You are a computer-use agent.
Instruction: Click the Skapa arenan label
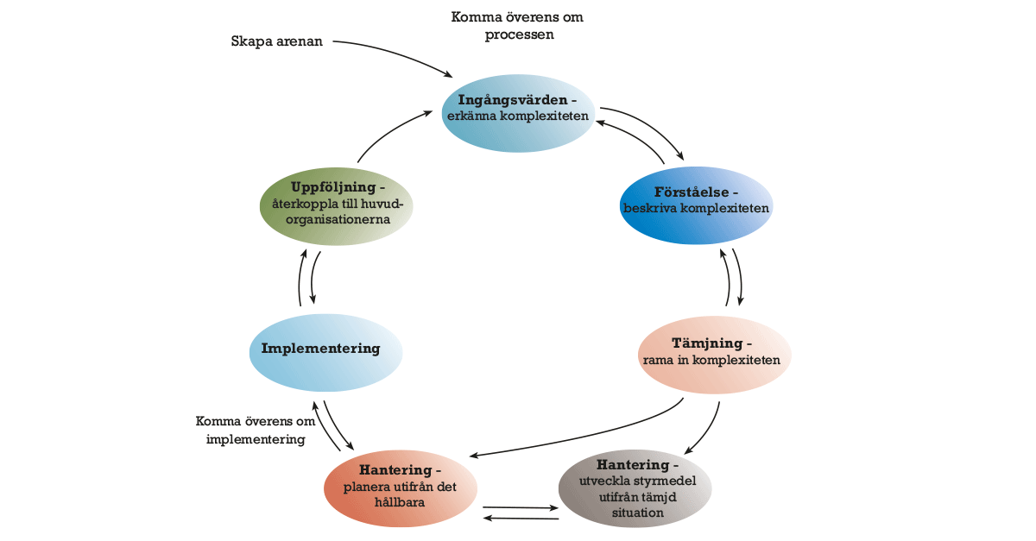(276, 41)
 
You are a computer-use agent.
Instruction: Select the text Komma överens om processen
(517, 26)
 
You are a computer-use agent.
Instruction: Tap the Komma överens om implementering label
(255, 431)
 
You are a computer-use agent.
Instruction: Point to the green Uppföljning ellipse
(336, 207)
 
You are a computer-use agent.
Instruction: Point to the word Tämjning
(711, 343)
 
